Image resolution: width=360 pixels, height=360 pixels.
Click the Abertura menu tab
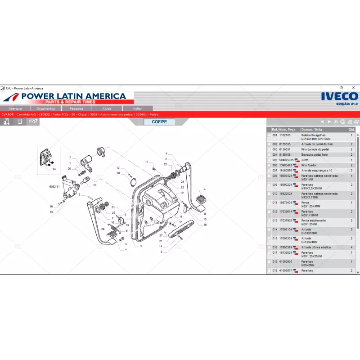pos(15,108)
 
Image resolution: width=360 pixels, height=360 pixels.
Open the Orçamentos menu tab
pos(45,108)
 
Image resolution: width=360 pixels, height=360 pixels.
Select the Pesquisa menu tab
pos(76,108)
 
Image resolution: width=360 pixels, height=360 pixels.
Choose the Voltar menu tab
pos(137,108)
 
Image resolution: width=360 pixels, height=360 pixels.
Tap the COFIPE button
pos(159,122)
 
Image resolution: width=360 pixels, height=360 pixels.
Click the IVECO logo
pos(339,96)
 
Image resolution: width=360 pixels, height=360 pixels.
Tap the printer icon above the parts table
pos(343,122)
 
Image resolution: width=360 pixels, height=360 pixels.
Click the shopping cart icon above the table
pos(356,122)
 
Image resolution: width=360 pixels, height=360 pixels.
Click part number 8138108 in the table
pos(285,154)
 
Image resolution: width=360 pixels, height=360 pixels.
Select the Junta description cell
pos(305,160)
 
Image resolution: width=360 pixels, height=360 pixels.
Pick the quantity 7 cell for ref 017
pos(351,253)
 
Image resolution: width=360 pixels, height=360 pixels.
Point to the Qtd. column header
pos(351,129)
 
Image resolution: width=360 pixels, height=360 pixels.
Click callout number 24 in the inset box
pos(54,169)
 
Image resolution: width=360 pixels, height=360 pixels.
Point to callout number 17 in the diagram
pos(147,162)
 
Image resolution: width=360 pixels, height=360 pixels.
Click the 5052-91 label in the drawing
pos(54,186)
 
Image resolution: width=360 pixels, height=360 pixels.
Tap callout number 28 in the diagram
pos(118,173)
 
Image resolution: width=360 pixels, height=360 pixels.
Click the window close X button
pos(354,88)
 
